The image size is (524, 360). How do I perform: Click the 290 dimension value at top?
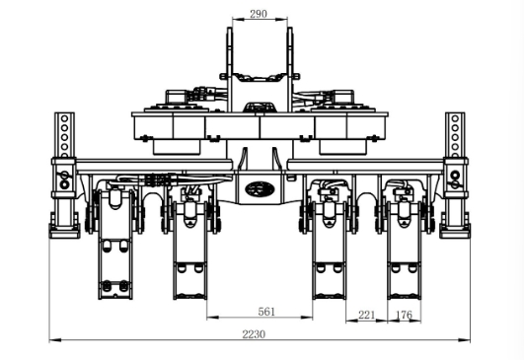pos(259,14)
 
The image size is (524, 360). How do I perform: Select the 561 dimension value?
pos(266,312)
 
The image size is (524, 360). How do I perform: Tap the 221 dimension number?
pos(366,315)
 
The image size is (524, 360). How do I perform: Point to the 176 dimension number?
pos(404,315)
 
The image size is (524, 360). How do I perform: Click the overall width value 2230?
pos(254,334)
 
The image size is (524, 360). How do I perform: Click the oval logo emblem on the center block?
pos(260,189)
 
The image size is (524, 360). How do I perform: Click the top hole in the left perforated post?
pos(64,118)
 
